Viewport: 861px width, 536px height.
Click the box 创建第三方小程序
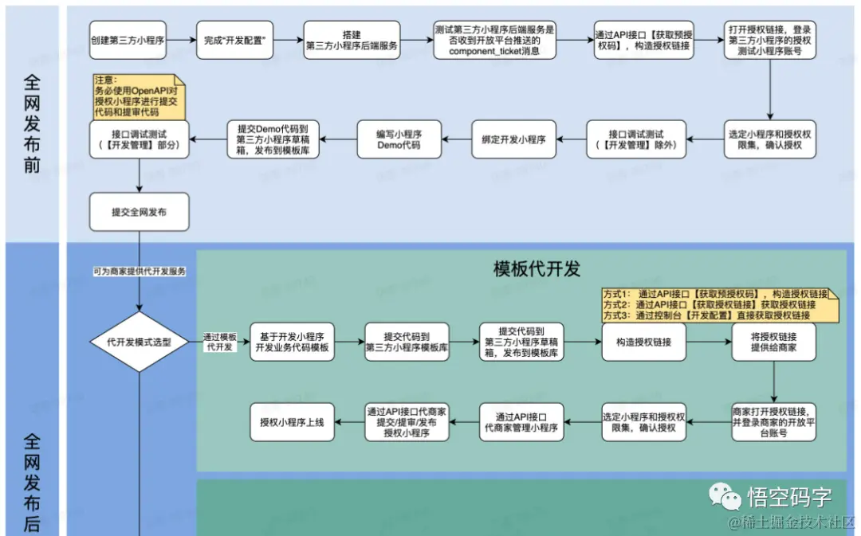pyautogui.click(x=128, y=40)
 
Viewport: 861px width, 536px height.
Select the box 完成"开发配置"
pyautogui.click(x=235, y=40)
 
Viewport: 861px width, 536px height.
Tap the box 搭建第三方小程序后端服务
pyautogui.click(x=352, y=40)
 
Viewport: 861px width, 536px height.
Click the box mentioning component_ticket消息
pyautogui.click(x=494, y=40)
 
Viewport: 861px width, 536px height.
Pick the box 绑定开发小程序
pyautogui.click(x=513, y=139)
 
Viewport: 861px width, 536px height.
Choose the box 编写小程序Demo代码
pyautogui.click(x=399, y=139)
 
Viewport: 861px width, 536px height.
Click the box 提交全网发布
pyautogui.click(x=140, y=213)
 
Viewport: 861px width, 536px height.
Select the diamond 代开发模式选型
pyautogui.click(x=140, y=342)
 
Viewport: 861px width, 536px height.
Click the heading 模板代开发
pyautogui.click(x=537, y=269)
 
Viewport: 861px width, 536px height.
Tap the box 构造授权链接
pyautogui.click(x=643, y=342)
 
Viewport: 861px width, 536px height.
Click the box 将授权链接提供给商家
pyautogui.click(x=774, y=342)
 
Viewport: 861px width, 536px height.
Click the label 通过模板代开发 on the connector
pyautogui.click(x=220, y=342)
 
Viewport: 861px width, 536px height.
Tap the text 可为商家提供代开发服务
pyautogui.click(x=140, y=272)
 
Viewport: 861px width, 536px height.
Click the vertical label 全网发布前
pyautogui.click(x=32, y=123)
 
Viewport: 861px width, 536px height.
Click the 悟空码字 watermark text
pyautogui.click(x=789, y=497)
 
